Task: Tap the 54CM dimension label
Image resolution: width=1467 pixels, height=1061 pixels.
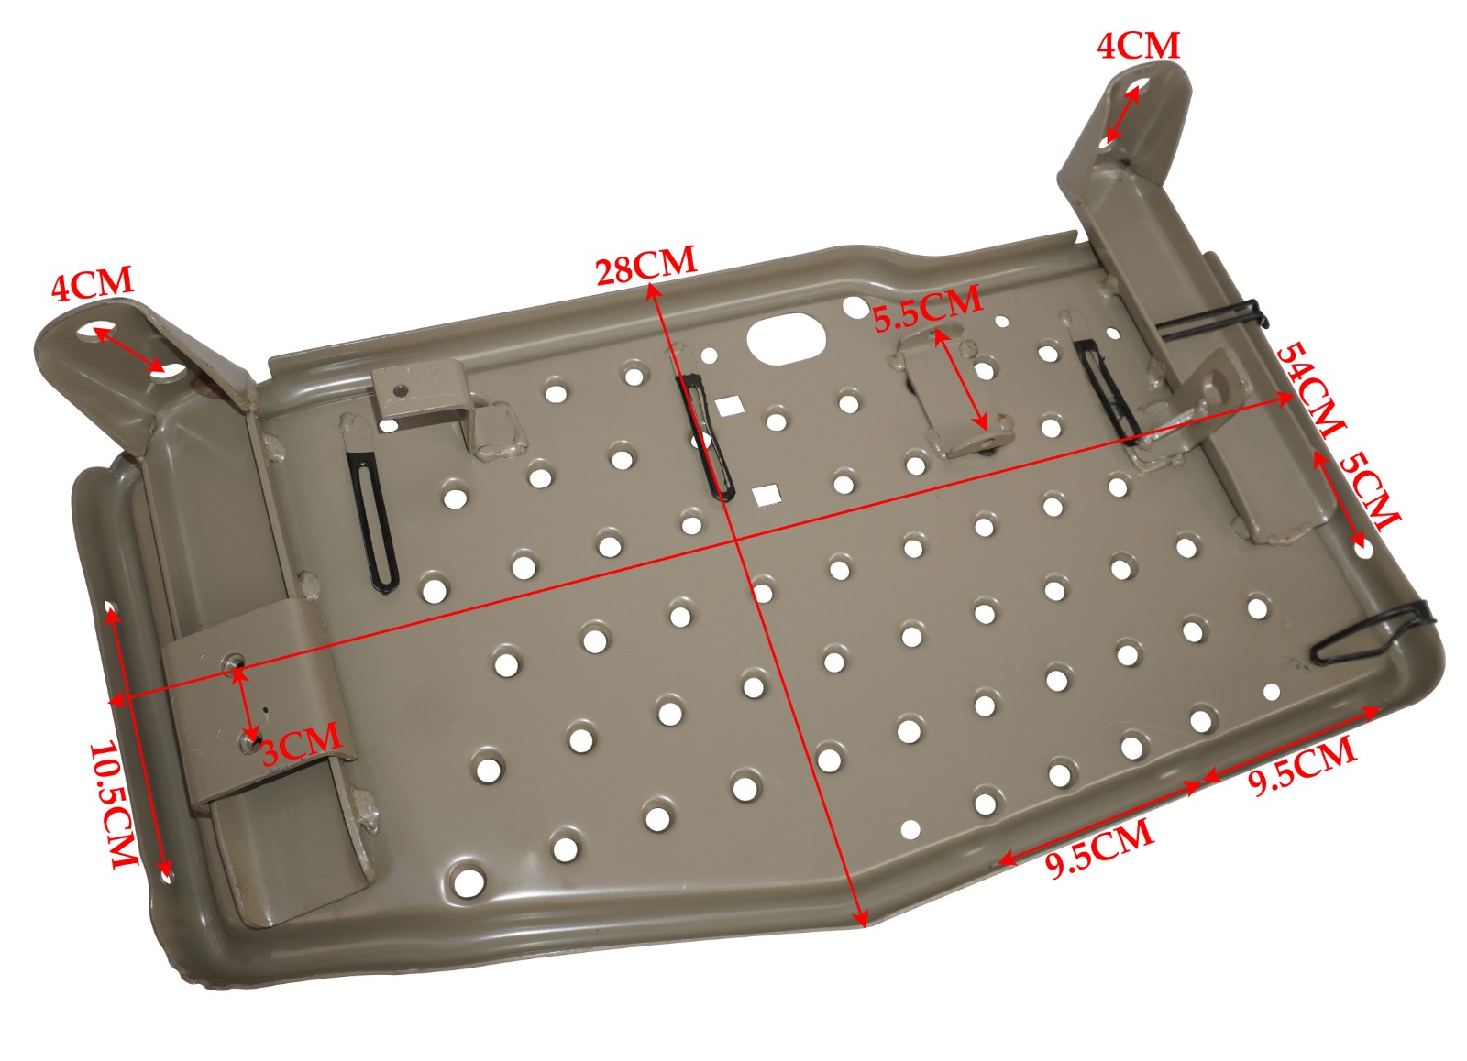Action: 1310,389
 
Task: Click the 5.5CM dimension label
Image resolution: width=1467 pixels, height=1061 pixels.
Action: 926,309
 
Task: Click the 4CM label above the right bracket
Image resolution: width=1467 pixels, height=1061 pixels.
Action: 1138,45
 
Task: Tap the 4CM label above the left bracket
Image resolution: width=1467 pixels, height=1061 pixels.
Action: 92,284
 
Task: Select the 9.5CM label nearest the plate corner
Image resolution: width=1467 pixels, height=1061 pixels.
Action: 1302,765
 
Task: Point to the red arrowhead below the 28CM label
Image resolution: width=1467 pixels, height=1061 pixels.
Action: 652,291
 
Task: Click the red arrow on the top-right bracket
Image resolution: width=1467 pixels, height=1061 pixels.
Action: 1123,115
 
